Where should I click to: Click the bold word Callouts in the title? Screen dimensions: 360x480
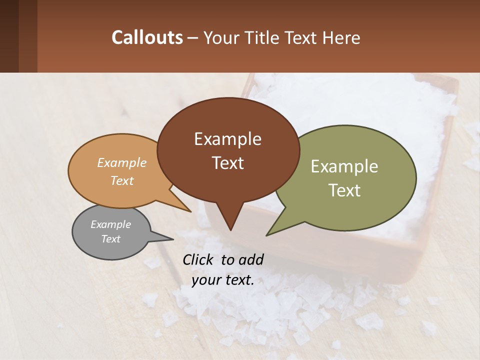(147, 37)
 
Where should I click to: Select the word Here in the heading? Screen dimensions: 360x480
(341, 37)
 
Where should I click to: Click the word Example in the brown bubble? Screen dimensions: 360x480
(227, 139)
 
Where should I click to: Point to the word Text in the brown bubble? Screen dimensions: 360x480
(227, 163)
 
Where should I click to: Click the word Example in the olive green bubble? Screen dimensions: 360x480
(344, 166)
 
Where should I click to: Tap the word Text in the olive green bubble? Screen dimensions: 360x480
(344, 190)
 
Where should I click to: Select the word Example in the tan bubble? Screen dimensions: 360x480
(122, 163)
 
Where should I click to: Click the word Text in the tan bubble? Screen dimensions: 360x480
(122, 180)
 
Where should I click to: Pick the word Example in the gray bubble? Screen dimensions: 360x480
(110, 224)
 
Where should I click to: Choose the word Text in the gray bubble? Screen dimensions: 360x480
(110, 239)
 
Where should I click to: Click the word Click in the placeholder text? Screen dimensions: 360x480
(199, 260)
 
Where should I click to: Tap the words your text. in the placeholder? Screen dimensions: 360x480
(223, 280)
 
